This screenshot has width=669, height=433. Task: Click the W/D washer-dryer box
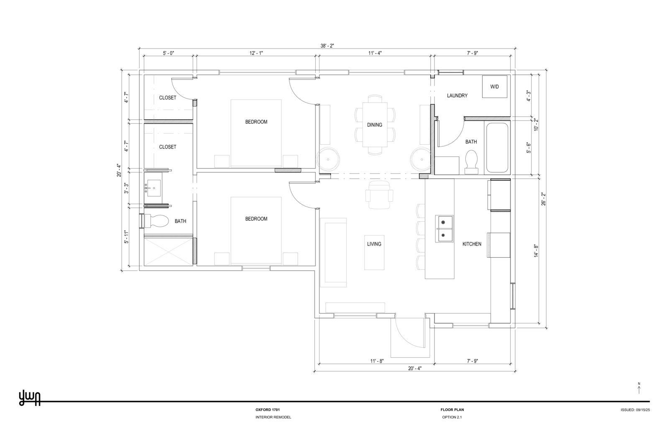495,87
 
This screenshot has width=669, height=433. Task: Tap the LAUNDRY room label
457,96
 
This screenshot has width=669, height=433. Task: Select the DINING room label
375,125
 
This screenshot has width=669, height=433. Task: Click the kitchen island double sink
444,228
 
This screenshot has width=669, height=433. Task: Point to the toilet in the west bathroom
155,221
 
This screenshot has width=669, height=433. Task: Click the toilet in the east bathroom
472,161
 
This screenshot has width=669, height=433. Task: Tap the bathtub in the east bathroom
497,148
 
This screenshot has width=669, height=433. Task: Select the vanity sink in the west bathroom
153,188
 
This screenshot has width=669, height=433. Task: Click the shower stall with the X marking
168,251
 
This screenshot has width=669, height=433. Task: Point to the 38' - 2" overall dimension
327,46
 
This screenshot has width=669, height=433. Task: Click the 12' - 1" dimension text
256,53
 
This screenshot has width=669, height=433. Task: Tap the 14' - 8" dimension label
536,251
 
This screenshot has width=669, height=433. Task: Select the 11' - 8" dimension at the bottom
377,361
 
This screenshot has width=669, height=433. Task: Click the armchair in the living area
379,195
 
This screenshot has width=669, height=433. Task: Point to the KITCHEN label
472,244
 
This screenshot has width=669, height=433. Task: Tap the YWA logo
30,398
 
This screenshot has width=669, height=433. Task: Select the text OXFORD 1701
268,410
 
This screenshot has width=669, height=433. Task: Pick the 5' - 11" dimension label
126,237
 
